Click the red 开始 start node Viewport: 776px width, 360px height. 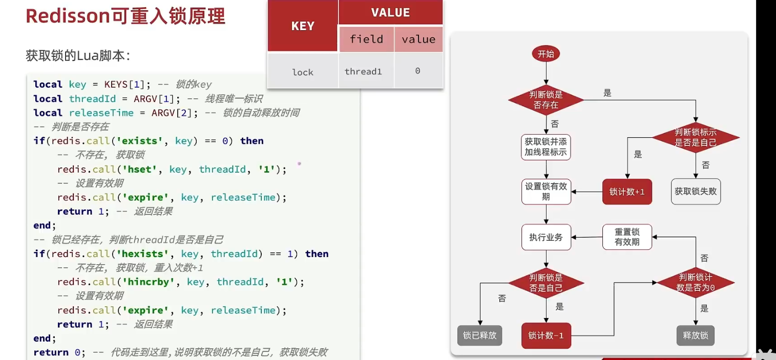click(546, 54)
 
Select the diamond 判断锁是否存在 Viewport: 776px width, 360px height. click(546, 100)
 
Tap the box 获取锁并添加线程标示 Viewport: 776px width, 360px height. click(546, 146)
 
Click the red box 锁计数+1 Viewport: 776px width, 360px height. click(627, 192)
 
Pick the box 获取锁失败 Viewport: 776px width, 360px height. click(696, 192)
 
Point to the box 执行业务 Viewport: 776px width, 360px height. click(546, 237)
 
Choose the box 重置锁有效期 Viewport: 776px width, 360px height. click(627, 237)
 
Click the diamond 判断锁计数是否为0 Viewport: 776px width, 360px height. click(696, 283)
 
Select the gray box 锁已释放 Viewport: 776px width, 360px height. click(479, 335)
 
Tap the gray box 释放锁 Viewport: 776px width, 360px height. click(696, 335)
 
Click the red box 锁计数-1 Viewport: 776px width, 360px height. click(546, 336)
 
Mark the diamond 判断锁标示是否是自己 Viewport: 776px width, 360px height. click(696, 137)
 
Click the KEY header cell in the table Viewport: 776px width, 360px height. click(303, 26)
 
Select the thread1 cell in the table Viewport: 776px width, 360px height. click(363, 72)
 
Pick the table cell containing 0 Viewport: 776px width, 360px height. click(417, 71)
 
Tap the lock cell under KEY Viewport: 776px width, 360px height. click(303, 72)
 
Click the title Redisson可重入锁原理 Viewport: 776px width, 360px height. click(125, 16)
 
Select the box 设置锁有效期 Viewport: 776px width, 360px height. click(546, 192)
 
